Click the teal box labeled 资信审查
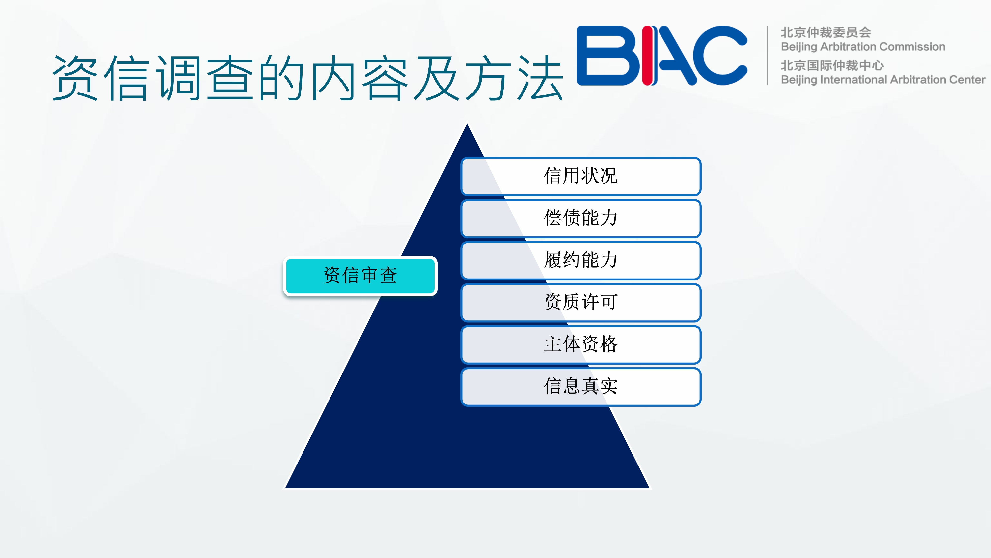[360, 276]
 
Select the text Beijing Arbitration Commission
[863, 47]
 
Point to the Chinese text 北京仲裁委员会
[826, 32]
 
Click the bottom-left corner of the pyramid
[285, 488]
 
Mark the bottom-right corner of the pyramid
[650, 488]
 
